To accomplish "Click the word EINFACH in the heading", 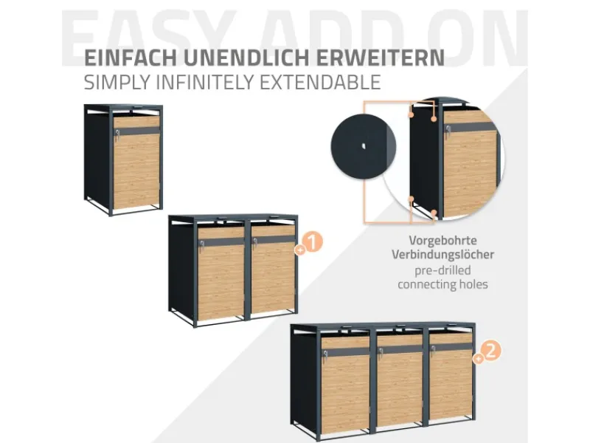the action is pos(131,58).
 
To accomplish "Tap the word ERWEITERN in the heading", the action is pos(381,58).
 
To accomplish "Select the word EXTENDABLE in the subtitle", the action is pos(320,83).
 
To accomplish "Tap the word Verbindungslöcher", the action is pos(442,254).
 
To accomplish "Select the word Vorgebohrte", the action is pos(443,240).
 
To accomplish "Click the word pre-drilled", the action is pos(442,270).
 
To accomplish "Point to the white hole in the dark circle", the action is pos(364,146).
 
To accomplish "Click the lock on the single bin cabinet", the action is pos(118,134).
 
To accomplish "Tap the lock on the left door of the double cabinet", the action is pos(201,244).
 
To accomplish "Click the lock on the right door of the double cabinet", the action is pos(254,242).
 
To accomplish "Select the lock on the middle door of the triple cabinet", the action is pos(381,353).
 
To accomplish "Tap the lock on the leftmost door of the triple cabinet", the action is pos(324,354).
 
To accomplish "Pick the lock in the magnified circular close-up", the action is pos(448,131).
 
